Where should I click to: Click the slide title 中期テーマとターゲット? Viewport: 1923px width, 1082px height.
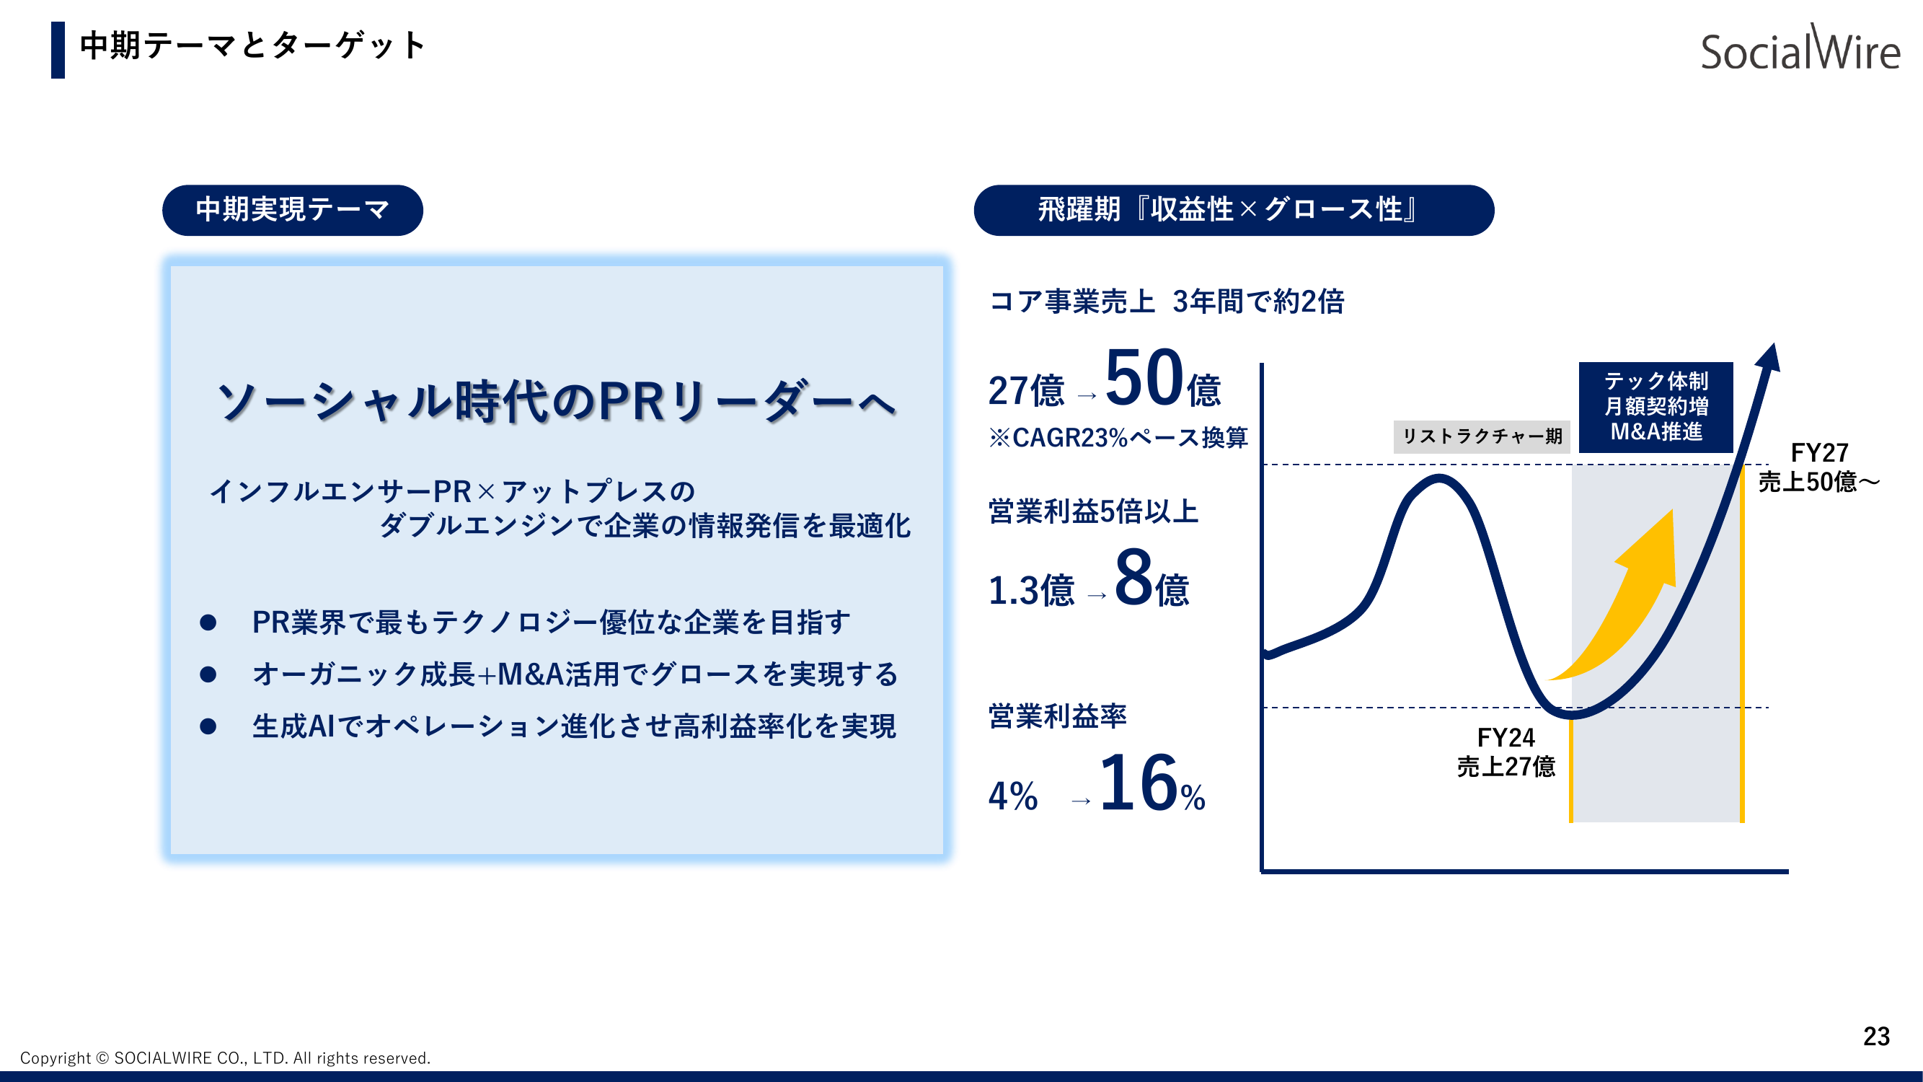point(252,46)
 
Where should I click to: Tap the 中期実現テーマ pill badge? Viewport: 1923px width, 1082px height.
point(292,210)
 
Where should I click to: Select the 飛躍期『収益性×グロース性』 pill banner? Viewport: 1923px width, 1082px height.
point(1233,210)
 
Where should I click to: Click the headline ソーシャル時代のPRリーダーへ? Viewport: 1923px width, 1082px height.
point(555,402)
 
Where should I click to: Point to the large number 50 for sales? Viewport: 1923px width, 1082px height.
point(1144,379)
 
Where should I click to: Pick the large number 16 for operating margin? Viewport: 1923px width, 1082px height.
point(1138,784)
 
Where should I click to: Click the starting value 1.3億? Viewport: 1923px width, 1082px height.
point(1031,591)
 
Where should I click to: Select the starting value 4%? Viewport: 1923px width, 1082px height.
point(1012,796)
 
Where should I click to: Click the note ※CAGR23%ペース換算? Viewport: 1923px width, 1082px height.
point(1118,438)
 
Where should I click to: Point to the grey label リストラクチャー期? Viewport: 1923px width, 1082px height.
point(1481,437)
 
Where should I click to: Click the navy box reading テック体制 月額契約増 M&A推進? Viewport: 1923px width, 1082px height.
point(1655,407)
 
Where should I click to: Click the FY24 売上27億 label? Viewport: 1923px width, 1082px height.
point(1505,752)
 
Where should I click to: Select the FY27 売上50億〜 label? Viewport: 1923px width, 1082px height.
point(1818,467)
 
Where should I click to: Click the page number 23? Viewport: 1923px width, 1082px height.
point(1875,1037)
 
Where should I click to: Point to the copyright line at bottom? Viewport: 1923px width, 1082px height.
point(225,1058)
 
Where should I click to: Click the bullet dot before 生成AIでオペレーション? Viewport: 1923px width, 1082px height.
point(208,726)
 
